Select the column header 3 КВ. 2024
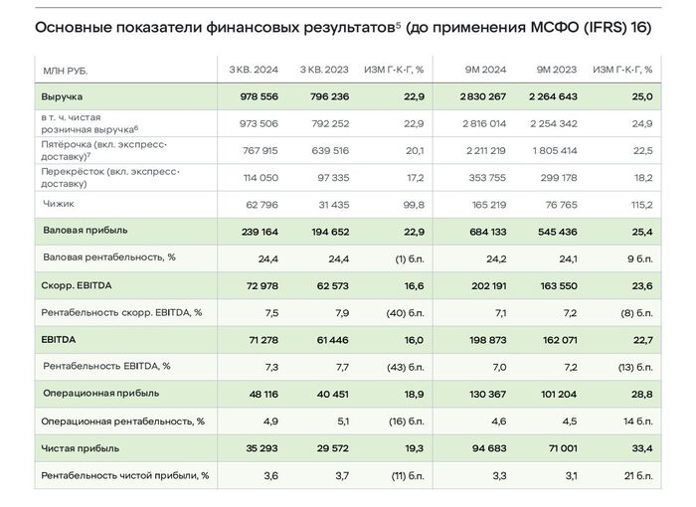point(254,70)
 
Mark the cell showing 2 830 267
point(484,96)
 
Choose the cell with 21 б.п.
point(636,475)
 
